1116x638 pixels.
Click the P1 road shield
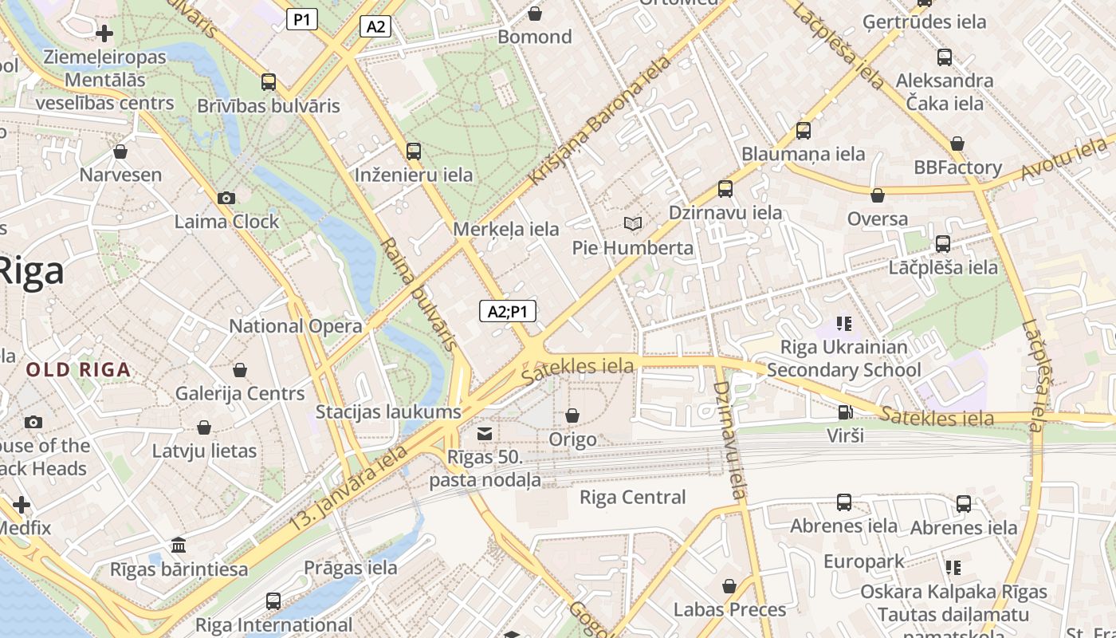pos(302,19)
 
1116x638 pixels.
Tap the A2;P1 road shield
pos(507,311)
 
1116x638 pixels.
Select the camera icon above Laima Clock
pos(226,198)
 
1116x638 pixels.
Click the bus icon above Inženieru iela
pos(413,151)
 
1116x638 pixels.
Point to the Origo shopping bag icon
pos(572,415)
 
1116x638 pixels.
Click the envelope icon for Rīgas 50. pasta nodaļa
pos(484,433)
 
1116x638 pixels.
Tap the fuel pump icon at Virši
pos(844,412)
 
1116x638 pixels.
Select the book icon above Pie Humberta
pos(633,224)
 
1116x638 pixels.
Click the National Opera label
pos(296,326)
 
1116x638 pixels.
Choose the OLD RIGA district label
pos(78,370)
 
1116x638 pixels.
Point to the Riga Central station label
pos(632,498)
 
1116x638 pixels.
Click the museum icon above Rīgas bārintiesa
pos(179,545)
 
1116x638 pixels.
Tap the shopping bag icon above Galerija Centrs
pos(240,370)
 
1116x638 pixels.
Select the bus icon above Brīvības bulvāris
pos(269,81)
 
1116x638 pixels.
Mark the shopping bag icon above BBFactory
pos(957,144)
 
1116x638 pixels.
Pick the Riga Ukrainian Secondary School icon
pos(843,323)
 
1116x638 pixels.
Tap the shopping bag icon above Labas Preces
pos(729,586)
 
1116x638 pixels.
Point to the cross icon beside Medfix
pos(22,505)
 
